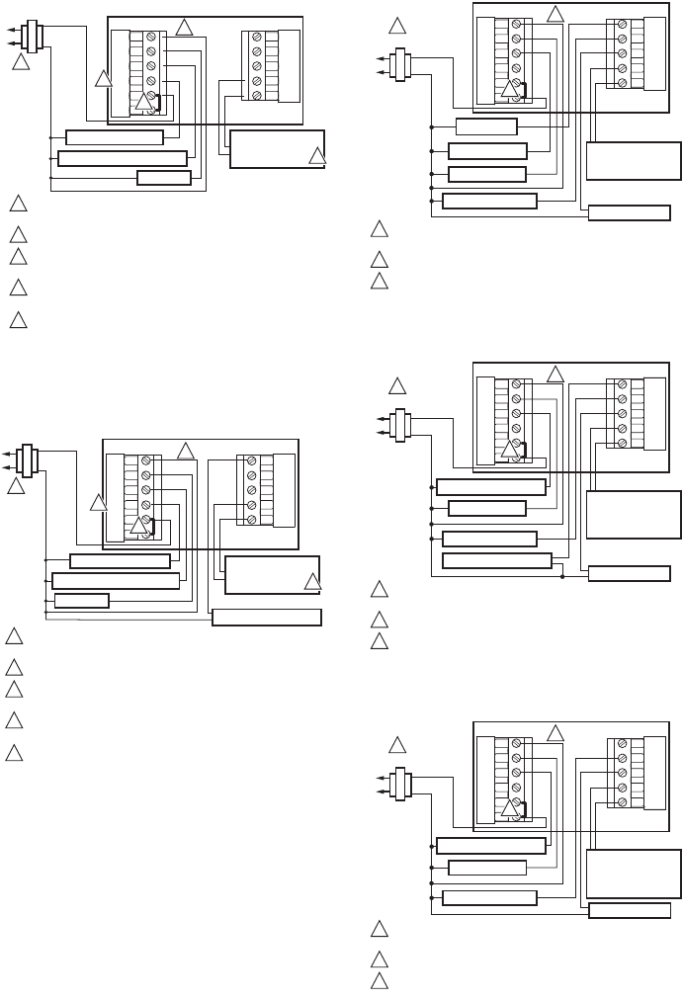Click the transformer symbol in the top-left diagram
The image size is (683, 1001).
click(31, 37)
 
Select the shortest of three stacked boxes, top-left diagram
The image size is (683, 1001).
click(164, 178)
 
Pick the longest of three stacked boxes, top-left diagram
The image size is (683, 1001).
click(123, 158)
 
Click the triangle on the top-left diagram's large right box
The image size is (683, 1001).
click(315, 156)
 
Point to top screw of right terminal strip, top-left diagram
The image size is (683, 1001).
click(256, 38)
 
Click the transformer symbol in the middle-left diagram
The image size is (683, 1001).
click(28, 461)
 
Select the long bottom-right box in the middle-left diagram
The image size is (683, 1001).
click(267, 618)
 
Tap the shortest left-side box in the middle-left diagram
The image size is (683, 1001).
click(82, 600)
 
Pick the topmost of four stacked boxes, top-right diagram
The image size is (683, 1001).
click(486, 126)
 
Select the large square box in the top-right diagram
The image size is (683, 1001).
click(634, 160)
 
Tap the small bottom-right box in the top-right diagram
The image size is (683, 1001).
click(629, 212)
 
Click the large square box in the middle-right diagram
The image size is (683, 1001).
click(634, 514)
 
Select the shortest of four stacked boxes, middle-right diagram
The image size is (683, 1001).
click(486, 508)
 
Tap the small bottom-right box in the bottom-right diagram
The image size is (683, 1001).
click(629, 910)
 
